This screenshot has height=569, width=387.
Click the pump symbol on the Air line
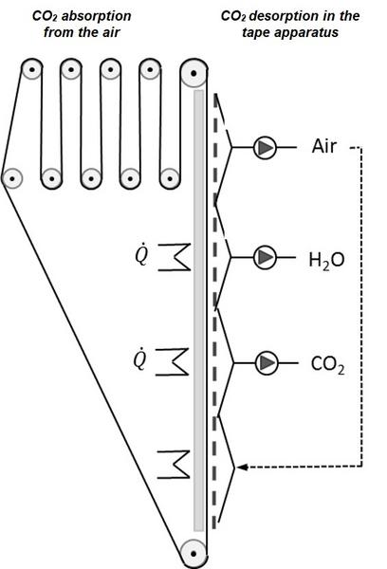(x=265, y=147)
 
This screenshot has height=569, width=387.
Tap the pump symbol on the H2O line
(x=265, y=257)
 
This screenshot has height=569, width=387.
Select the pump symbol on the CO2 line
(x=267, y=362)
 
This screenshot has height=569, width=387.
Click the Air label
(x=323, y=146)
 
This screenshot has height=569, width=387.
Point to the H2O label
(x=326, y=260)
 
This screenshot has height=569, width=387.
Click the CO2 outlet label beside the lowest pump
(x=328, y=364)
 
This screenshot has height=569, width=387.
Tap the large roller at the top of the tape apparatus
(x=193, y=73)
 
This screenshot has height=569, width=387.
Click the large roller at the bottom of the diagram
(x=193, y=554)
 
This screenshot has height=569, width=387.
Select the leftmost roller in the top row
(x=31, y=69)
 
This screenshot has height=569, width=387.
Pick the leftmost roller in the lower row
(x=12, y=178)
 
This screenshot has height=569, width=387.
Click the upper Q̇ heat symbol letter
(x=141, y=255)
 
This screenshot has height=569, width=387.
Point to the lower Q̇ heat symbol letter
(x=139, y=359)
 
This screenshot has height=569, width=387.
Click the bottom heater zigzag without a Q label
(x=174, y=465)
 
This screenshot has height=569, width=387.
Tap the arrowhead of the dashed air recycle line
(x=241, y=467)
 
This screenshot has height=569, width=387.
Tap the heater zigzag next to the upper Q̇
(x=175, y=257)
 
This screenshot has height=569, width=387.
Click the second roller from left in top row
(x=71, y=69)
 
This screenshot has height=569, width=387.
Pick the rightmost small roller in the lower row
(x=169, y=178)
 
